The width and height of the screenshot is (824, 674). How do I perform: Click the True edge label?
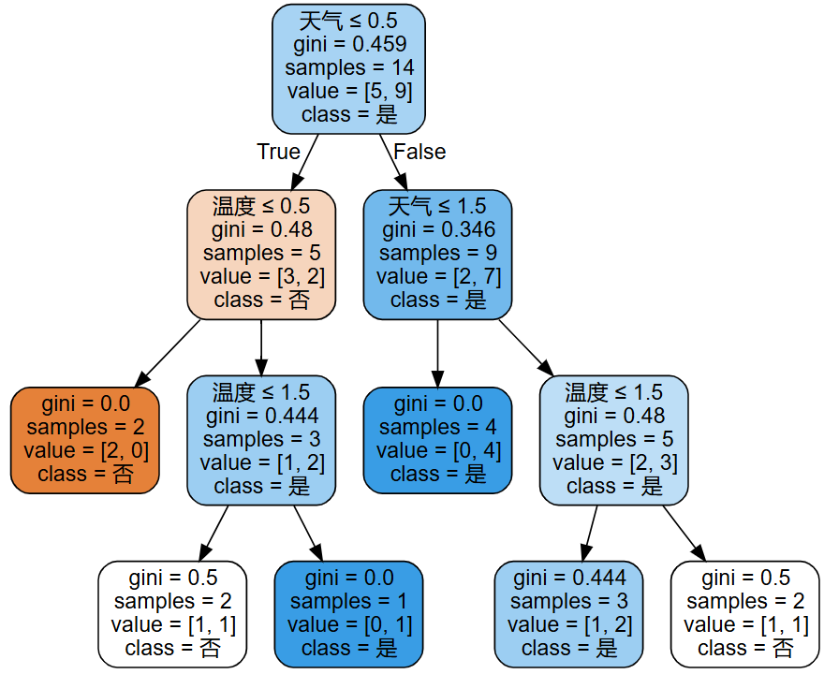pyautogui.click(x=278, y=152)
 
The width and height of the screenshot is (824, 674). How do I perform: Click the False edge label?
pyautogui.click(x=419, y=152)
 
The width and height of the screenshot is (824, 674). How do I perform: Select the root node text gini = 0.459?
pyautogui.click(x=349, y=44)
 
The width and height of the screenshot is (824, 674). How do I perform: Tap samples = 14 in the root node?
pyautogui.click(x=349, y=67)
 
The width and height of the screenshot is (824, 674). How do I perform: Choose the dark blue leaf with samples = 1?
pyautogui.click(x=349, y=612)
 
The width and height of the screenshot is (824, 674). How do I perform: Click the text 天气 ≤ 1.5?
pyautogui.click(x=437, y=206)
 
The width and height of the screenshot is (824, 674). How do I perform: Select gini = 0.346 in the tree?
pyautogui.click(x=437, y=229)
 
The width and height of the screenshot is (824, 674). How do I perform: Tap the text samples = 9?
pyautogui.click(x=437, y=253)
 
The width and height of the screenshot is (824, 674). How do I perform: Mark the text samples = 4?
pyautogui.click(x=437, y=427)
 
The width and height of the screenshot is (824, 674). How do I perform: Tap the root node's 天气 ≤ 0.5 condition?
pyautogui.click(x=349, y=21)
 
